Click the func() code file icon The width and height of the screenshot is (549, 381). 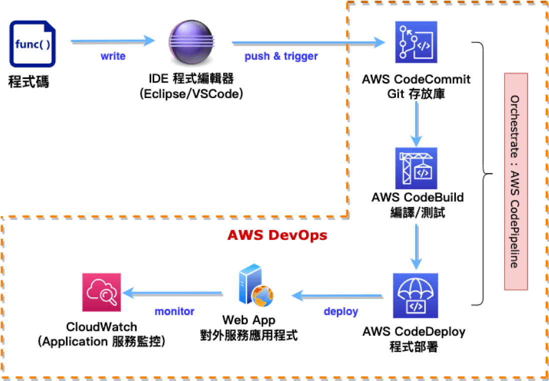(x=33, y=43)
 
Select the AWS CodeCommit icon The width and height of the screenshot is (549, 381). (x=416, y=42)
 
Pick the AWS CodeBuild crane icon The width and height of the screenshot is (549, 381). (x=416, y=168)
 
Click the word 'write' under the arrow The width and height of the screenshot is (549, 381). (x=113, y=56)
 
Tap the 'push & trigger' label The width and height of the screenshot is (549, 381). (x=281, y=56)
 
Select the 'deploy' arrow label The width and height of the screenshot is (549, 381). (x=341, y=311)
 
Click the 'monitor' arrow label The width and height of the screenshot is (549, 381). (x=174, y=311)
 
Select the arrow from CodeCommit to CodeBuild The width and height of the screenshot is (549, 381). (x=416, y=122)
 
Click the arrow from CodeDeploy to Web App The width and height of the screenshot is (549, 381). (x=340, y=295)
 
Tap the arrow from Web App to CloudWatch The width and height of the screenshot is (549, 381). (x=173, y=292)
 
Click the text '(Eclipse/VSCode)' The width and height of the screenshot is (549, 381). (x=191, y=93)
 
